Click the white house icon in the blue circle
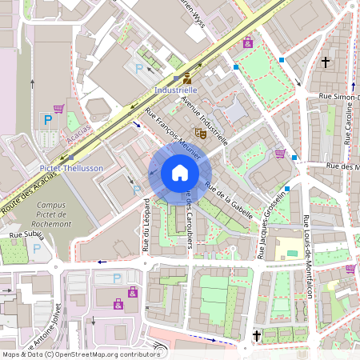[180, 173]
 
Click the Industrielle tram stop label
[175, 91]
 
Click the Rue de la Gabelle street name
[229, 200]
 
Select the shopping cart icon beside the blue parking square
[58, 108]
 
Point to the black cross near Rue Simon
[326, 61]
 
